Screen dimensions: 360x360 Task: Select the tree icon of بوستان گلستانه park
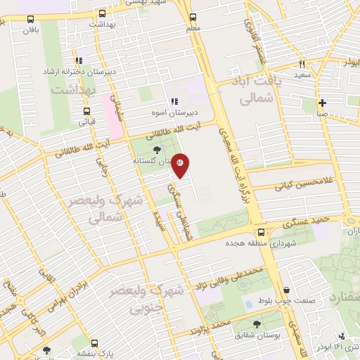tap(156, 149)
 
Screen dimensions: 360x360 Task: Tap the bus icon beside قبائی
tap(86, 111)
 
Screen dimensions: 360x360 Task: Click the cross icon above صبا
tap(322, 103)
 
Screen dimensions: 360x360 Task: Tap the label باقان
tap(30, 31)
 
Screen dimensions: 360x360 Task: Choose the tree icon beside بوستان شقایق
tap(257, 323)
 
